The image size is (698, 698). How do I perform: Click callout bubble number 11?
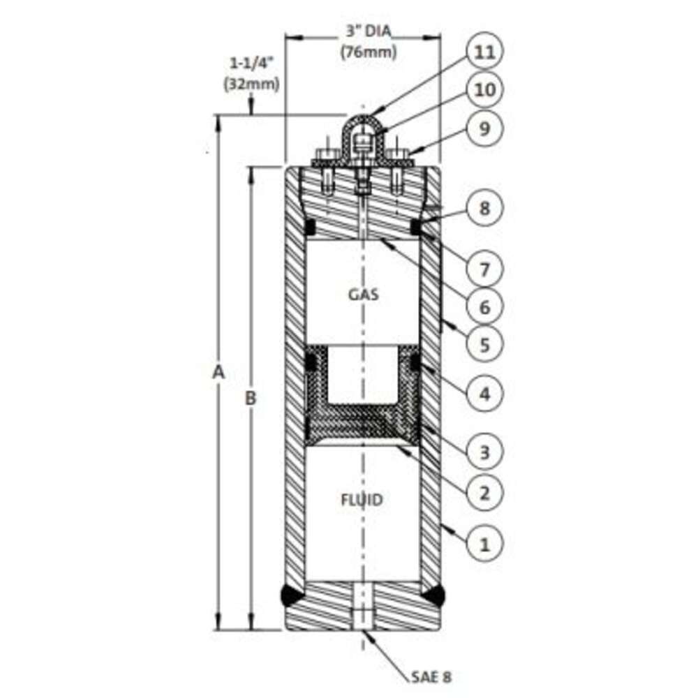coord(484,52)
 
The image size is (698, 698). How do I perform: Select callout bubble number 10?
coord(484,90)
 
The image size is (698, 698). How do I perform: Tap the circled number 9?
coord(484,128)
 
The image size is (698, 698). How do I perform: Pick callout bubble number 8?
coord(484,208)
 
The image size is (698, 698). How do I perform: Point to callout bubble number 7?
coord(484,269)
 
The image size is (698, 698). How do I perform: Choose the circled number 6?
coord(484,306)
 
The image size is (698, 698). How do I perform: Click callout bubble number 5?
coord(484,345)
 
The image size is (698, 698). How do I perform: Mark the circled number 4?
coord(484,394)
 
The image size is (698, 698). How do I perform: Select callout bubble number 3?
coord(484,452)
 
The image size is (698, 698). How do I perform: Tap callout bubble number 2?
coord(484,492)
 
